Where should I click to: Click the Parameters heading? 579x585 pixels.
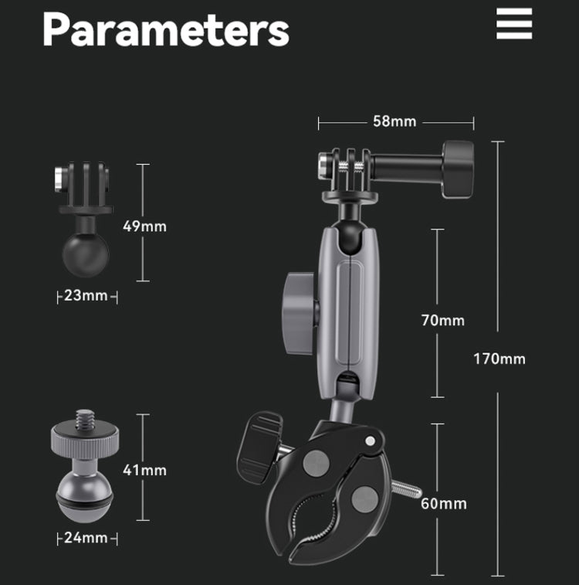point(166,29)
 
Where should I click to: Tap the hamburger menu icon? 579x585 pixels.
point(514,23)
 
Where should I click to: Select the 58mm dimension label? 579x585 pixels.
point(394,121)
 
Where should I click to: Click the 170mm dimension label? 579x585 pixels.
point(499,359)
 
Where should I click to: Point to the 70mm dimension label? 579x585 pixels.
point(443,321)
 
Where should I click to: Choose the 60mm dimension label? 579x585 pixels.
point(444,504)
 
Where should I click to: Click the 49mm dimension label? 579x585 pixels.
point(144,226)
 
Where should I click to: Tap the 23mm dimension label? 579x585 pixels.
point(86,295)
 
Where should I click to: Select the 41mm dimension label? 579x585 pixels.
point(144,470)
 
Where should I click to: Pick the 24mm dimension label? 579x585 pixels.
point(86,538)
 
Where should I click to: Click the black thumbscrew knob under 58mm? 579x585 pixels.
point(458,169)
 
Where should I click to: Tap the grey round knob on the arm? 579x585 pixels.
point(300,314)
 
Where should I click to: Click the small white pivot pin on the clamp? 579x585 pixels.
point(370,441)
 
